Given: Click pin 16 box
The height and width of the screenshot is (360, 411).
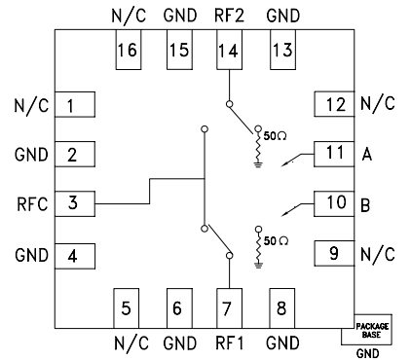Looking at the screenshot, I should pyautogui.click(x=127, y=52).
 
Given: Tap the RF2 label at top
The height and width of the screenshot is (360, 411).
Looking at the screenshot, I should pyautogui.click(x=230, y=17).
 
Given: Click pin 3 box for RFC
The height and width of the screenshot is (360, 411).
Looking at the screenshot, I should pyautogui.click(x=71, y=204).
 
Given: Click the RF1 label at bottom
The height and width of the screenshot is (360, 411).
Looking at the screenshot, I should pyautogui.click(x=230, y=342).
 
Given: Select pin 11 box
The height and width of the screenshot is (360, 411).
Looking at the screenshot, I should pyautogui.click(x=334, y=153).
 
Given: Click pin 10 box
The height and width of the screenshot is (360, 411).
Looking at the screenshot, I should pyautogui.click(x=334, y=203).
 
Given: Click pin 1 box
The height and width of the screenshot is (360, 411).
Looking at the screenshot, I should pyautogui.click(x=71, y=103).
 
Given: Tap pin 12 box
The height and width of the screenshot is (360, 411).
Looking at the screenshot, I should pyautogui.click(x=334, y=103).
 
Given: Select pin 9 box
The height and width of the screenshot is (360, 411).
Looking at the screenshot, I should pyautogui.click(x=334, y=254).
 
